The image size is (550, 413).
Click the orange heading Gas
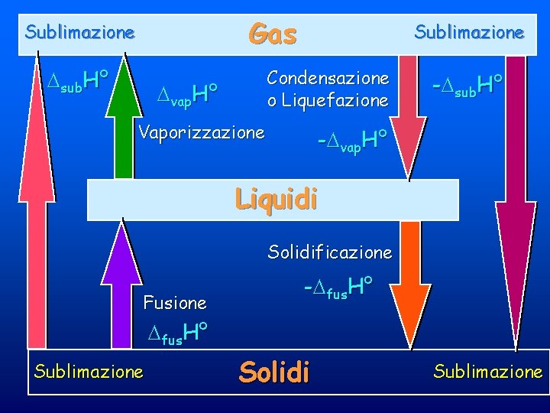click(273, 34)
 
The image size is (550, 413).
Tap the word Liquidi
click(276, 199)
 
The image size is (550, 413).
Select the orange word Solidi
click(274, 372)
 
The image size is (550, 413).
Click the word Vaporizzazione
click(202, 132)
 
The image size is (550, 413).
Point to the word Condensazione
click(328, 78)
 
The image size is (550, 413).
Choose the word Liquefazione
click(335, 100)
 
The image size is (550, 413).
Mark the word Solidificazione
click(329, 252)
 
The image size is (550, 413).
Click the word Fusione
click(175, 303)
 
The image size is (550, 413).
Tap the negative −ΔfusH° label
click(338, 288)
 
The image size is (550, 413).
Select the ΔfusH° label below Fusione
click(179, 333)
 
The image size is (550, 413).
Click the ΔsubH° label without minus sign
click(76, 78)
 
